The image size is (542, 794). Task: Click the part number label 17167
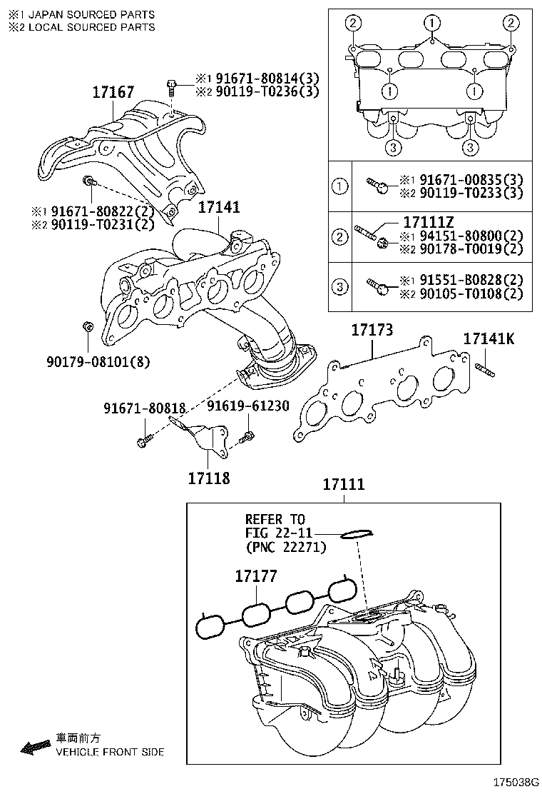[x=113, y=92]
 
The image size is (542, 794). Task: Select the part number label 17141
[x=218, y=207]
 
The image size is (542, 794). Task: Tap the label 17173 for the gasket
[x=372, y=331]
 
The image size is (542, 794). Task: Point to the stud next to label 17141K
[x=484, y=369]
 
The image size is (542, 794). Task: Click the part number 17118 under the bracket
[x=209, y=478]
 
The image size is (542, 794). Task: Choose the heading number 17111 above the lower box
[x=343, y=485]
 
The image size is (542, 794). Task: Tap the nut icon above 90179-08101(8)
[x=86, y=327]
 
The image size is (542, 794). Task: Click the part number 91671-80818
[x=144, y=408]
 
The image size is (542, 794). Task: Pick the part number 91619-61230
[x=248, y=406]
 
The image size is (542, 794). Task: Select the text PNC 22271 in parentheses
[x=285, y=548]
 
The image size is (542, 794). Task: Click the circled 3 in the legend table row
[x=341, y=287]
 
